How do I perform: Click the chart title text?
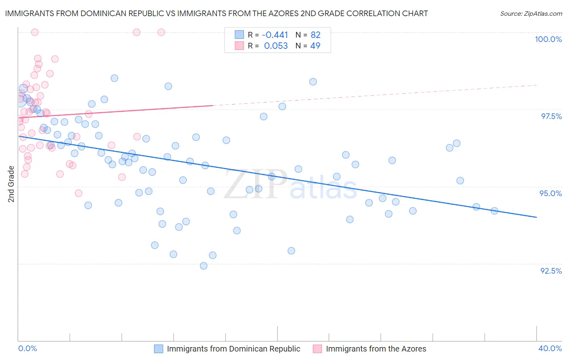pos(216,13)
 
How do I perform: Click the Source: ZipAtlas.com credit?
pos(531,13)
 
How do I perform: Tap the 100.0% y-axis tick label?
pos(548,39)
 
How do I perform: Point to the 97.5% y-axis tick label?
pos(551,116)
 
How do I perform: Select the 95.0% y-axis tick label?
pos(550,193)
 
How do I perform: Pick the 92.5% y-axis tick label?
pos(551,271)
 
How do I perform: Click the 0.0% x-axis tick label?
pos(27,348)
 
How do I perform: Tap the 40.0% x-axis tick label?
pos(550,348)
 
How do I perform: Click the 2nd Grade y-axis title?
pos(11,184)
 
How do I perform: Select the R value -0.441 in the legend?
pos(275,35)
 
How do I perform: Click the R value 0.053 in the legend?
pos(276,46)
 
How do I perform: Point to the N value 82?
pos(315,35)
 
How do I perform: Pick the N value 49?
pos(315,46)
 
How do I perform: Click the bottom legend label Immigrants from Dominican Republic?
pos(233,349)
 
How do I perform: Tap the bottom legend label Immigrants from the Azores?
pos(376,349)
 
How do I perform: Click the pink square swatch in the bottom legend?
pos(317,349)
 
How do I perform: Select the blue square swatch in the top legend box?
pos(239,35)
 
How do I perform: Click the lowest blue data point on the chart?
pos(204,266)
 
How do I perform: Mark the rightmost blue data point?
pos(494,211)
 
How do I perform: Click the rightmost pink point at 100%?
pos(161,32)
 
